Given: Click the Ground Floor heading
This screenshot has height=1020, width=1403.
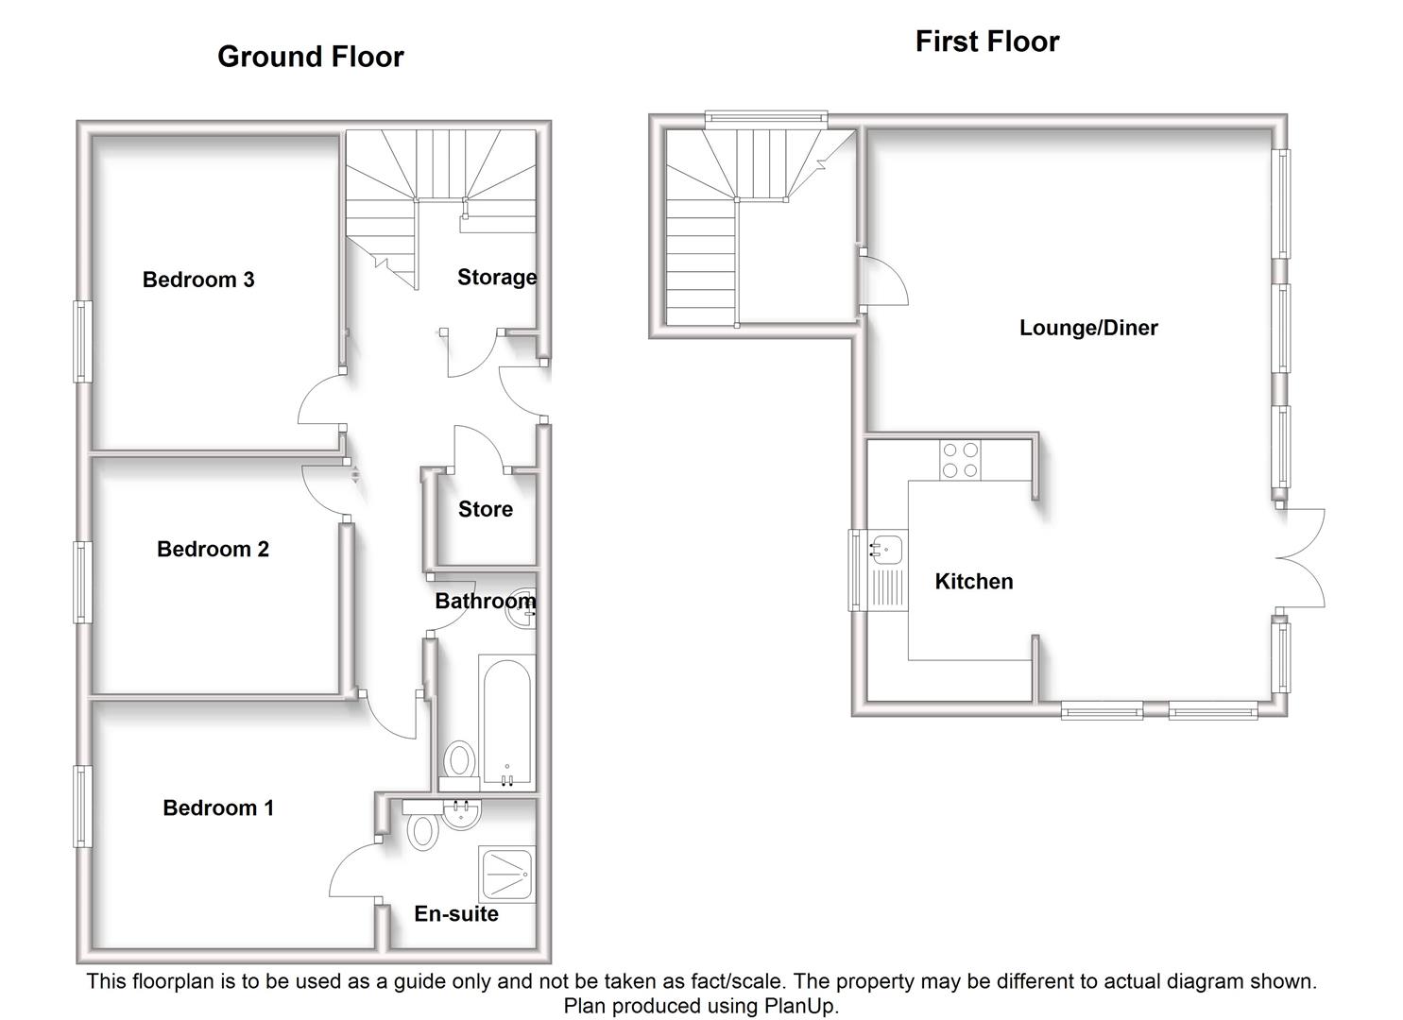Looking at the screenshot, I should click(310, 57).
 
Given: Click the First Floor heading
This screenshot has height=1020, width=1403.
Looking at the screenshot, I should click(986, 42).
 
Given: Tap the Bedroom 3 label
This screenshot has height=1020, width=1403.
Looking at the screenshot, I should click(198, 280).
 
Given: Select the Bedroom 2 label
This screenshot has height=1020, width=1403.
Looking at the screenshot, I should click(213, 549).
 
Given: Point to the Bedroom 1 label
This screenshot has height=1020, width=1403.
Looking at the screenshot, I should click(218, 807).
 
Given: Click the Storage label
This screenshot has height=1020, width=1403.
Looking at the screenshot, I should click(497, 277).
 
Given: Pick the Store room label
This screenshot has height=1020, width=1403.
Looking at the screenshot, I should click(486, 509).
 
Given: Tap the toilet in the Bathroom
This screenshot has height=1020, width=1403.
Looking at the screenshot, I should click(459, 760).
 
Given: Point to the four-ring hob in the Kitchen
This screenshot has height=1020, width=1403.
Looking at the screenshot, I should click(960, 460).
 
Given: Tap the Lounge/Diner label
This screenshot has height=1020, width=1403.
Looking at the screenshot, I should click(1088, 328).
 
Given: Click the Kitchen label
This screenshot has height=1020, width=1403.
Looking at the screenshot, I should click(973, 582).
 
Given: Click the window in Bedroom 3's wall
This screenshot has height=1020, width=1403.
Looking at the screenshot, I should click(83, 341).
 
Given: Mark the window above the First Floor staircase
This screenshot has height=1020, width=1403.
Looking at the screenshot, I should click(766, 118).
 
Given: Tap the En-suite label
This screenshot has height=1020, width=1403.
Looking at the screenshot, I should click(456, 913).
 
